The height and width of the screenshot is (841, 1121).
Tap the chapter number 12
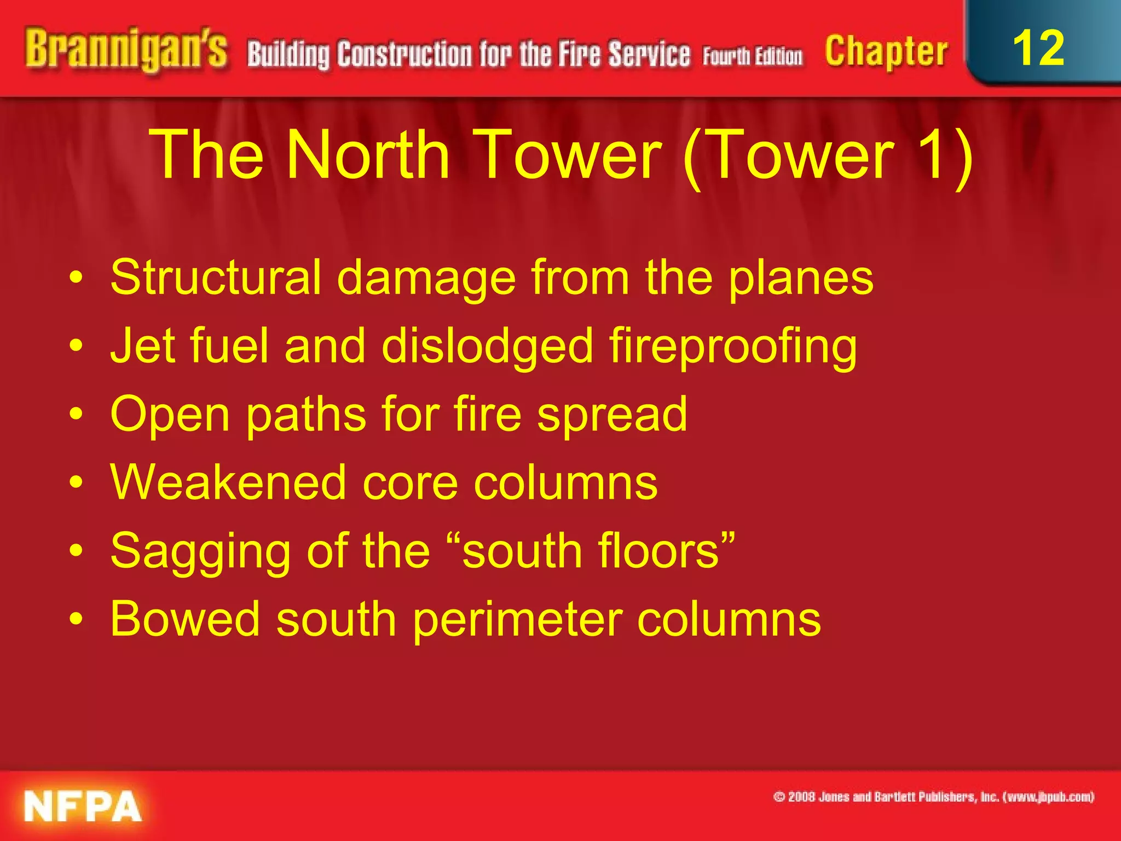[x=1038, y=48]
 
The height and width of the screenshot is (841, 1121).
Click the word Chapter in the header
[x=886, y=51]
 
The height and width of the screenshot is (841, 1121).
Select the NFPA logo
[x=83, y=806]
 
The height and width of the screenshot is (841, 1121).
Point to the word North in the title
[x=368, y=155]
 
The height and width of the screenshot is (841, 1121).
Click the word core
[x=410, y=483]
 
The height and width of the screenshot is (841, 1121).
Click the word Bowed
[x=185, y=619]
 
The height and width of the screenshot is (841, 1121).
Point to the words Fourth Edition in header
[x=753, y=56]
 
